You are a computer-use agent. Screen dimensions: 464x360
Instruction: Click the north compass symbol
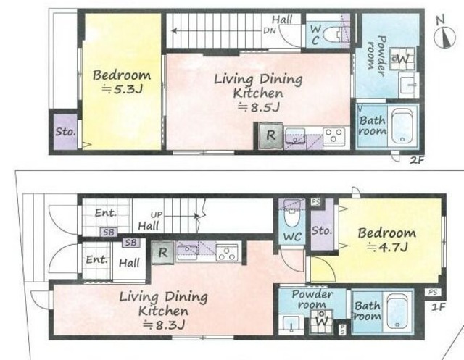[x=444, y=37]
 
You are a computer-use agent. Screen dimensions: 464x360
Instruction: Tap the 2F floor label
[x=417, y=161]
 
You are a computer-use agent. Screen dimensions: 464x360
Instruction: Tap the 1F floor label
[x=438, y=307]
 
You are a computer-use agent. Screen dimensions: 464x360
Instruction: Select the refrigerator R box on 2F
[x=270, y=135]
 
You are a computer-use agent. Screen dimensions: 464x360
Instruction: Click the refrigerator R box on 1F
[x=162, y=253]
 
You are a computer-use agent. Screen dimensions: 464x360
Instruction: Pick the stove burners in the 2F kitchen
[x=334, y=135]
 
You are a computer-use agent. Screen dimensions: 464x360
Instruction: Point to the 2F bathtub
[x=402, y=126]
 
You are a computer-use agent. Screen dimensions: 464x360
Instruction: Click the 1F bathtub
[x=397, y=311]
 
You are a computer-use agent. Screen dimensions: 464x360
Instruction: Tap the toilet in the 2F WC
[x=333, y=34]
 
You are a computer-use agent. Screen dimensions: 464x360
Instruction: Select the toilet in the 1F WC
[x=291, y=216]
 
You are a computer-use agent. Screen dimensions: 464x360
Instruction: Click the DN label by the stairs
[x=269, y=30]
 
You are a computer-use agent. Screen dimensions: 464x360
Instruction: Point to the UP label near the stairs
[x=157, y=215]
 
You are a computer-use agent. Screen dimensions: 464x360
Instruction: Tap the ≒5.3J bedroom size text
[x=123, y=89]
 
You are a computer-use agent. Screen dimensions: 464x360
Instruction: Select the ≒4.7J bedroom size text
[x=387, y=246]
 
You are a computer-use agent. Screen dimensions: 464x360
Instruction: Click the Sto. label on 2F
[x=65, y=132]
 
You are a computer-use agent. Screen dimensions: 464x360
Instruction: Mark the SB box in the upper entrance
[x=109, y=233]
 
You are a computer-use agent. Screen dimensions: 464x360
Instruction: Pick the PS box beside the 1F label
[x=433, y=292]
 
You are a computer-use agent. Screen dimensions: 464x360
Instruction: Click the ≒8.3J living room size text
[x=165, y=325]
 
